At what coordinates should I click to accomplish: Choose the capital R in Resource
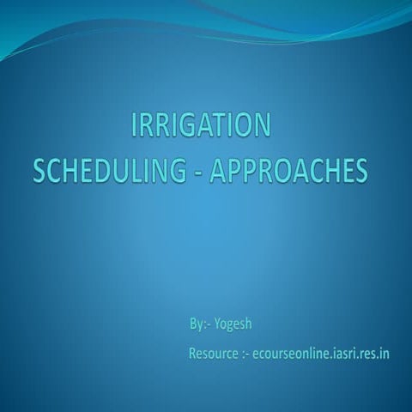(x=193, y=353)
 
